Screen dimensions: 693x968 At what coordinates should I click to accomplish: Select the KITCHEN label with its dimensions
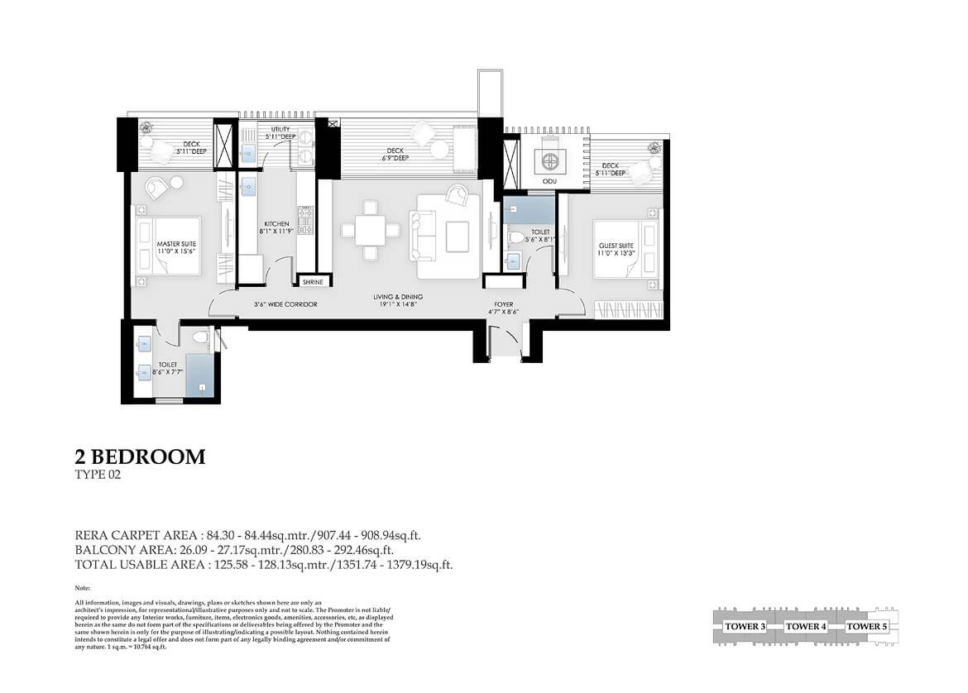(x=276, y=228)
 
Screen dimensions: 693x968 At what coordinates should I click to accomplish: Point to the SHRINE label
(x=312, y=282)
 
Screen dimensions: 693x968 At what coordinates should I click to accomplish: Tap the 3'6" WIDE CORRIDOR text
(x=285, y=304)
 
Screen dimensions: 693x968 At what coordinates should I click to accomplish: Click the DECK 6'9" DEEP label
(x=394, y=154)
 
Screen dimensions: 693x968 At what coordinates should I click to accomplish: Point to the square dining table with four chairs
(x=369, y=229)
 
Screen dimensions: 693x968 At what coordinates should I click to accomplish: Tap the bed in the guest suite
(x=629, y=249)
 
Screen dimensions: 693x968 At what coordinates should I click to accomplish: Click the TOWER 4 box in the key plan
(x=805, y=626)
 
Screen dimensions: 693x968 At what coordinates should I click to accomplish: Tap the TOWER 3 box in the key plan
(x=744, y=626)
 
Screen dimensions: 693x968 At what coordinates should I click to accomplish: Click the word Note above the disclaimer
(x=82, y=587)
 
